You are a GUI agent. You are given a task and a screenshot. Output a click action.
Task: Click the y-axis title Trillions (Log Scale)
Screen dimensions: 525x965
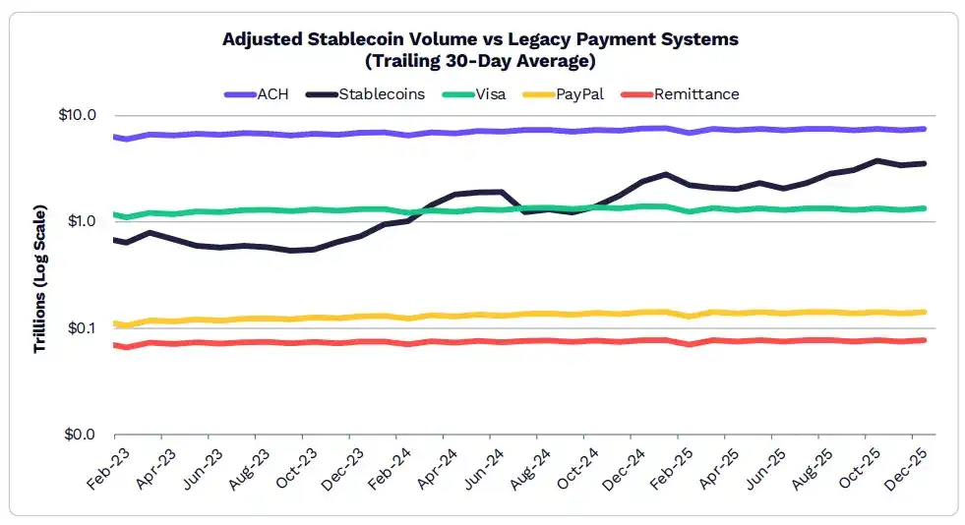(40, 279)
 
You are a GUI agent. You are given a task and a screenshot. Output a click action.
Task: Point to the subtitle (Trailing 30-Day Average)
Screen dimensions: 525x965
(480, 59)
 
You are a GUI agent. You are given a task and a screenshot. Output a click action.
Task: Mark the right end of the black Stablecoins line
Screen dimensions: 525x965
(925, 163)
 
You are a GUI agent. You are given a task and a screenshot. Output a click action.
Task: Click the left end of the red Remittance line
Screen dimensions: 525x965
(115, 344)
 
